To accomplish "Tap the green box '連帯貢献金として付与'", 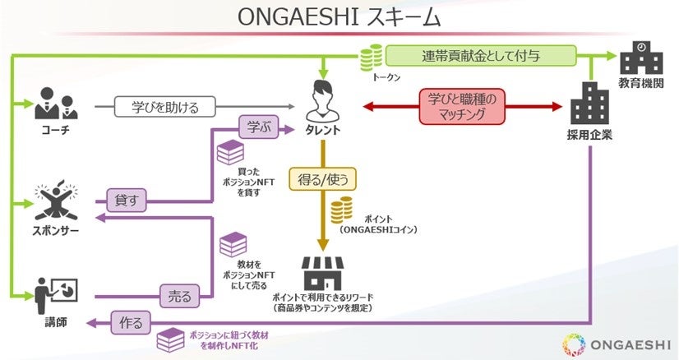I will pyautogui.click(x=482, y=57).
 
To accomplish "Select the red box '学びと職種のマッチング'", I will pyautogui.click(x=463, y=107).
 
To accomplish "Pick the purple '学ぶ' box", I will pyautogui.click(x=255, y=127).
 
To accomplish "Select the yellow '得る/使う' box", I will pyautogui.click(x=323, y=178).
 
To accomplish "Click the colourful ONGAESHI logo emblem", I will pyautogui.click(x=575, y=343).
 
